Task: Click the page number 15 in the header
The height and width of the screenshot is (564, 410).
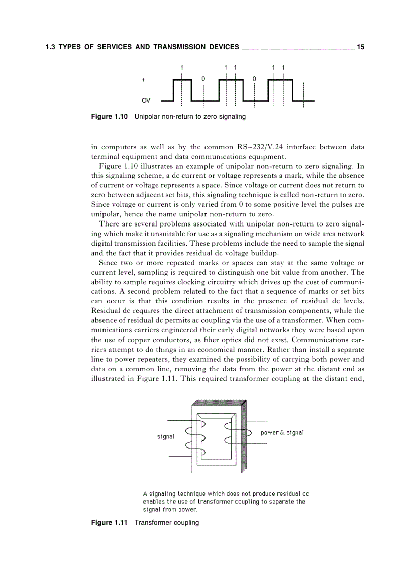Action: [x=360, y=47]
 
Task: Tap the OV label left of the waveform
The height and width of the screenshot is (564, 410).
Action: [x=146, y=101]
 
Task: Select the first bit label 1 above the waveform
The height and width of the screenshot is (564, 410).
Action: [x=182, y=67]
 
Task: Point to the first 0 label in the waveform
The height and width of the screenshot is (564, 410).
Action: [x=203, y=79]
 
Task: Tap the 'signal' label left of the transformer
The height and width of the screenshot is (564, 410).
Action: [x=166, y=436]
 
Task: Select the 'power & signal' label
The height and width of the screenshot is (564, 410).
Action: [x=282, y=432]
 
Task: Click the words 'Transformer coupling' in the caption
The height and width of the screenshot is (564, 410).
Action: [x=166, y=522]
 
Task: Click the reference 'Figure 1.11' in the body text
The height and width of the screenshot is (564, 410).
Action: [x=152, y=379]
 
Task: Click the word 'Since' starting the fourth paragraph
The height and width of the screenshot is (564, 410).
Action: [x=109, y=263]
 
